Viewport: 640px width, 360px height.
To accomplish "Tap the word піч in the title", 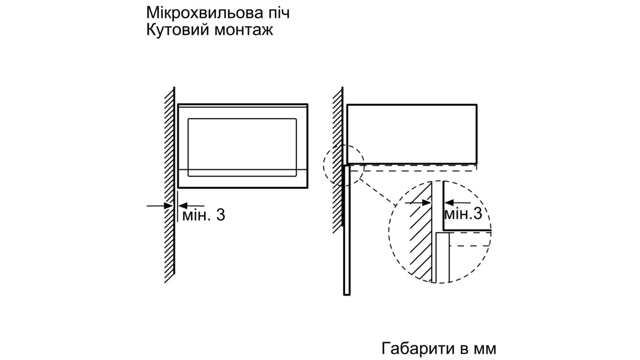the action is tap(279, 13).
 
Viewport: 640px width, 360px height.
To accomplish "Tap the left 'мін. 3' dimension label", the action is tap(204, 214).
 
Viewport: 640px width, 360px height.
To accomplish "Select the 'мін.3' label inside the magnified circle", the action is tap(463, 213).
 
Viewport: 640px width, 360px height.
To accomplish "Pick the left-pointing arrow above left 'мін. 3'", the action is tap(191, 206).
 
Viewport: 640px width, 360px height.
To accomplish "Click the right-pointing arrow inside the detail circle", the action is tap(418, 203).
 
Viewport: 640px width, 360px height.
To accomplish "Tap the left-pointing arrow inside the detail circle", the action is tap(458, 203).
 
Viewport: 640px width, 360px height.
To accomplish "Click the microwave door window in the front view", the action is tap(242, 147).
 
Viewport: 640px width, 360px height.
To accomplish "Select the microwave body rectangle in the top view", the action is tap(412, 134).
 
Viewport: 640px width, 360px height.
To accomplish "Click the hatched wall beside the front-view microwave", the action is tap(170, 184).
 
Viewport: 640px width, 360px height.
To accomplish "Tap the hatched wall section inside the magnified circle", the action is tap(420, 232).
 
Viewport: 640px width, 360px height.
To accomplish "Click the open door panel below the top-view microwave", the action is tap(347, 230).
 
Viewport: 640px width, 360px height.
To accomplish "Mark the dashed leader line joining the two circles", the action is tap(378, 192).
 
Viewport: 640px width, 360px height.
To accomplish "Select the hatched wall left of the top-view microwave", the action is tap(338, 160).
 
